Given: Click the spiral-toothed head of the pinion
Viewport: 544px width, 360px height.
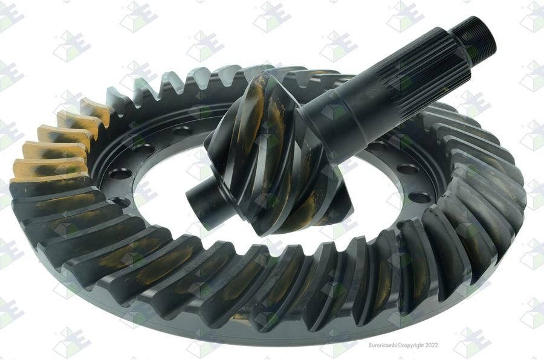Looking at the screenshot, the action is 274,153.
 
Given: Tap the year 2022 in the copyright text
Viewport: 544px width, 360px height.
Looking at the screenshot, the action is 432,345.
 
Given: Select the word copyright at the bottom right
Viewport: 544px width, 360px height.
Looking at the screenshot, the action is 412,346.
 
